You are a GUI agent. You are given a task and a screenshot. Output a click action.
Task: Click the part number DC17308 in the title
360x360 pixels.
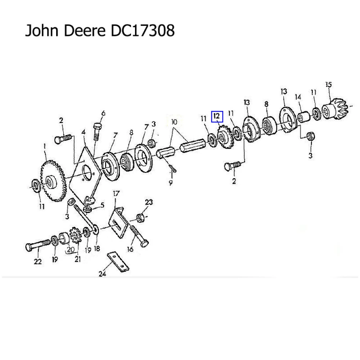[141, 31]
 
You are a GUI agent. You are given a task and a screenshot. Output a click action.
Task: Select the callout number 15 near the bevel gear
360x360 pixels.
[328, 85]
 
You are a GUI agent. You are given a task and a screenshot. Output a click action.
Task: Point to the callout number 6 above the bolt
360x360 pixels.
[103, 114]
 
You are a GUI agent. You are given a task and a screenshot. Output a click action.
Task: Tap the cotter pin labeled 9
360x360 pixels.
[172, 169]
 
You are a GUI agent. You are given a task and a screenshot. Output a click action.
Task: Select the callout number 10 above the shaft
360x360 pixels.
[174, 122]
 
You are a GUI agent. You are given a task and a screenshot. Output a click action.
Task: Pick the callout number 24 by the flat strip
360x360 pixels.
[102, 274]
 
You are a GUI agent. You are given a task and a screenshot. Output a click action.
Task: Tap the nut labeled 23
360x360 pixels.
[141, 217]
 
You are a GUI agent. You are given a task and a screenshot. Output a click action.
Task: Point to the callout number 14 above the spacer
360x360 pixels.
[298, 97]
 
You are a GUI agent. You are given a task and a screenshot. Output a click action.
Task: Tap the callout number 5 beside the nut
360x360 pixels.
[102, 206]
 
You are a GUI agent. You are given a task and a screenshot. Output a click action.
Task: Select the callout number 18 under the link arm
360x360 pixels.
[96, 248]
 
